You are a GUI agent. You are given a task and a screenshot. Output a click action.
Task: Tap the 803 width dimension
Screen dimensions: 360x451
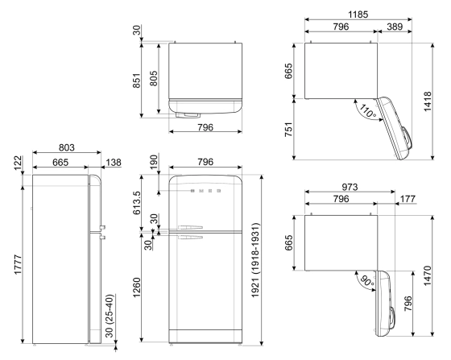pos(65,148)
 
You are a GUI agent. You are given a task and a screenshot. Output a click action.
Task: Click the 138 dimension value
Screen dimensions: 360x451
pos(113,162)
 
